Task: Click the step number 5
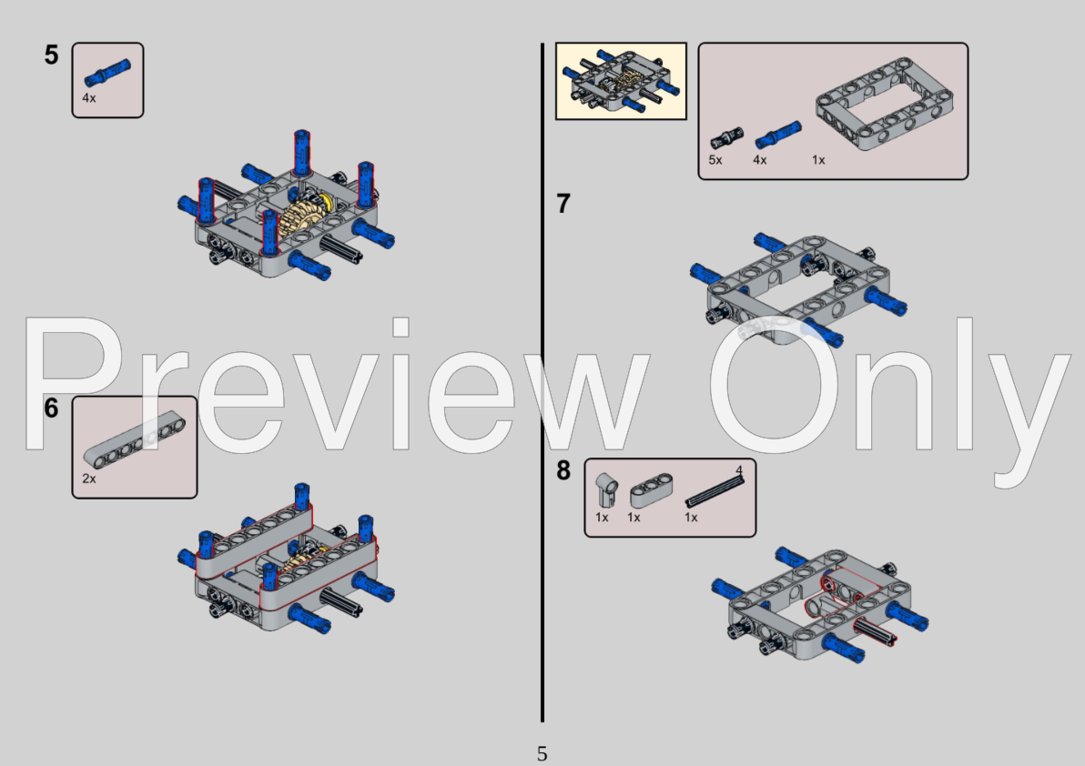click(51, 55)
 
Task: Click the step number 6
click(51, 408)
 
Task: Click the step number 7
click(563, 205)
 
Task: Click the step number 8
click(563, 471)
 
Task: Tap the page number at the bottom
click(542, 753)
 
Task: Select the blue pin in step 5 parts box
click(107, 74)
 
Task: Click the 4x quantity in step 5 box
click(88, 97)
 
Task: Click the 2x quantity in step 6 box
click(88, 479)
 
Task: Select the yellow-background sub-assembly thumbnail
click(621, 81)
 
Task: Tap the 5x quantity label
click(715, 160)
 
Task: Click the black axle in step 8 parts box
click(715, 491)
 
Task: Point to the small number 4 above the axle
click(739, 469)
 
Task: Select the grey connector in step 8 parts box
click(604, 489)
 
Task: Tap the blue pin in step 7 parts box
click(776, 135)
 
